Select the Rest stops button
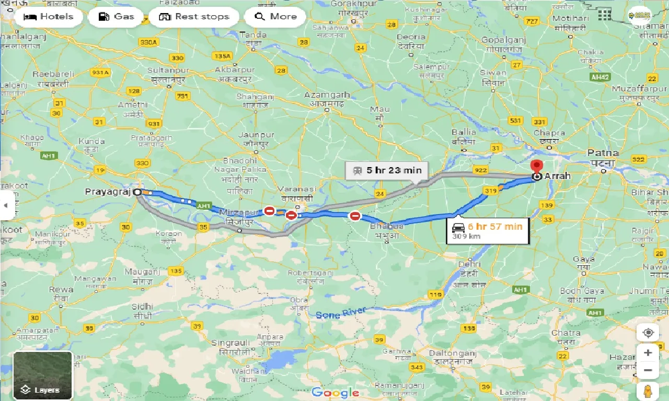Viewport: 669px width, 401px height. tap(194, 17)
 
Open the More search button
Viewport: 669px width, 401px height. tap(275, 17)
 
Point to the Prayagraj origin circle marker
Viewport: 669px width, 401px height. tap(137, 192)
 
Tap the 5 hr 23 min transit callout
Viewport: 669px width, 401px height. tap(386, 170)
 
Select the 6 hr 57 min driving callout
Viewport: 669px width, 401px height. tap(487, 230)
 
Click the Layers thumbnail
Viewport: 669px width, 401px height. tap(42, 375)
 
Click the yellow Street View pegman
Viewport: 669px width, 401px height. tap(648, 391)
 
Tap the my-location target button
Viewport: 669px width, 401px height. tap(648, 333)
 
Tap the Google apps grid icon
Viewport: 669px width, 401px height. tap(604, 15)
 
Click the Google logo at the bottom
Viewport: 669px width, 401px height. tap(335, 392)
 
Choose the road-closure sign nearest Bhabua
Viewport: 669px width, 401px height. tap(355, 216)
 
